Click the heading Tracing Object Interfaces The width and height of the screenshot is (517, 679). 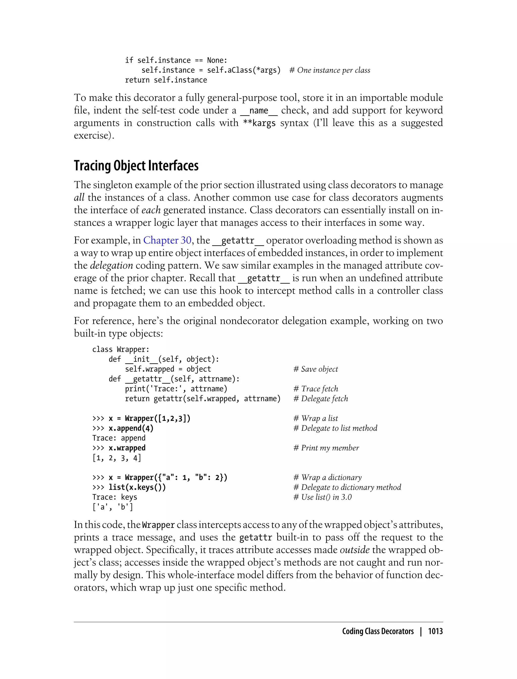pos(136,166)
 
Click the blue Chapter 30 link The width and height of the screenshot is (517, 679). pos(167,240)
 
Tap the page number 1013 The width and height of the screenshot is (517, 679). pos(435,631)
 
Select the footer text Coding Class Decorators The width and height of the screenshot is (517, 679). pos(378,631)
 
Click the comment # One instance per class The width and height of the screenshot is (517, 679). pos(330,70)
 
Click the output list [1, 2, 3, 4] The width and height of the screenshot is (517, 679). pos(117,458)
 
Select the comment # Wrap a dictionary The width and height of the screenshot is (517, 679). pos(327,478)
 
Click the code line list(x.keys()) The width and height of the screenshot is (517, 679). pos(137,488)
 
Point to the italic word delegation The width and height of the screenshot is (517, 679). pos(111,265)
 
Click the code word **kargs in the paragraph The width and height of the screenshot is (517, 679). pos(259,123)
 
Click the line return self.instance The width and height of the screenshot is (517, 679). pos(166,80)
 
